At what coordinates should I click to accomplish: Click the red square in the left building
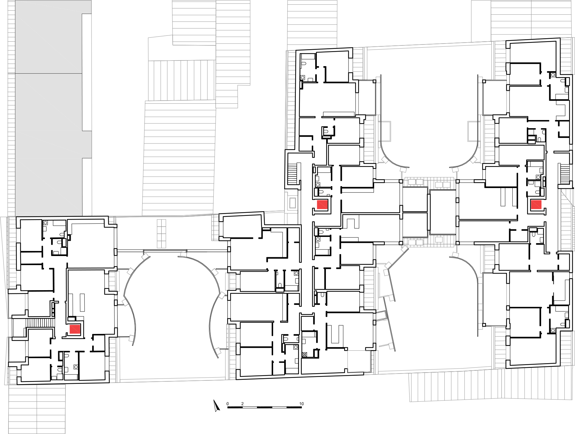click(75, 329)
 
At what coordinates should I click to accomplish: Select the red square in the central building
click(322, 205)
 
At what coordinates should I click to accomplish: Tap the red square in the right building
click(536, 205)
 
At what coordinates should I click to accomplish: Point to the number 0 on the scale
click(227, 404)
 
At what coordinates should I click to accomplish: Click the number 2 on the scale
click(242, 404)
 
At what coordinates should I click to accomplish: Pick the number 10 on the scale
click(301, 404)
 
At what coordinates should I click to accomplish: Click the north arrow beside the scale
click(216, 405)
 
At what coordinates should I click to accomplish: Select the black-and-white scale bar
click(264, 407)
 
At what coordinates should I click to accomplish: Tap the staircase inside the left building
click(39, 323)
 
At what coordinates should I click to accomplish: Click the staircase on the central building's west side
click(292, 174)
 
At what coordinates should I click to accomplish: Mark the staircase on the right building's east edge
click(565, 174)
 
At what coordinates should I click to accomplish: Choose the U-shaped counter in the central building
click(335, 334)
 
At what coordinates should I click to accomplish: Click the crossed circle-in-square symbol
click(304, 355)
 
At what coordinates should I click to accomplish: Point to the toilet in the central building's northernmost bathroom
click(303, 64)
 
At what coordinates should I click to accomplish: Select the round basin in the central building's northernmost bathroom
click(303, 77)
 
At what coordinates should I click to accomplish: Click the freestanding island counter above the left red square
click(82, 302)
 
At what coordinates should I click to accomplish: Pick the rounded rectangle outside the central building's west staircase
click(293, 203)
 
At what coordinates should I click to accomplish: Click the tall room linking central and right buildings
click(442, 212)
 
